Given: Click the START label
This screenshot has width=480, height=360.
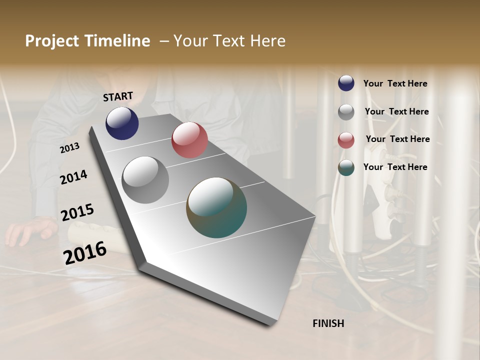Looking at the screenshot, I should click(118, 96).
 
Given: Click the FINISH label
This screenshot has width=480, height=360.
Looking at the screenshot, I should click(328, 323).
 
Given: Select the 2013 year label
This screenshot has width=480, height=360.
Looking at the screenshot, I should click(70, 147).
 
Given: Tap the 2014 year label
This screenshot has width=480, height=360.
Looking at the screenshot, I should click(73, 177).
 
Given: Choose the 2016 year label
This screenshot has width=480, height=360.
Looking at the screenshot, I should click(85, 252).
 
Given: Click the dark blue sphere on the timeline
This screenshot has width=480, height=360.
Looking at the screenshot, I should click(122, 123).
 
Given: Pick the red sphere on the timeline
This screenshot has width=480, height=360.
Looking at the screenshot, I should click(189, 140).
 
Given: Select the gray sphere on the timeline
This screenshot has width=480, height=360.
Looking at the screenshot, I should click(145, 180).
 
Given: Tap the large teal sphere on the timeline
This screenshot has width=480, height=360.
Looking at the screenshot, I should click(216, 207).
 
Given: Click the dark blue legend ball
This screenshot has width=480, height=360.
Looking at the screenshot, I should click(346, 83).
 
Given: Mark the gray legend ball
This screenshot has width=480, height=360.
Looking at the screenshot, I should click(346, 112).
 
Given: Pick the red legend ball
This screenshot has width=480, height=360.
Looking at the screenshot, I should click(346, 140).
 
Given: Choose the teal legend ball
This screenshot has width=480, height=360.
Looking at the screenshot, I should click(346, 168).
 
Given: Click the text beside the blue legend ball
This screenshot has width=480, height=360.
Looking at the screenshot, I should click(395, 83).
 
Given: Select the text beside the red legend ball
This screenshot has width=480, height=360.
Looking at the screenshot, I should click(397, 139).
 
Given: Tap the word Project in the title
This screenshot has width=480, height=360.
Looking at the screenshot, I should click(51, 41).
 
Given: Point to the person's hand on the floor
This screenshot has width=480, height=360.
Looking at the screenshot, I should click(30, 231).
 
